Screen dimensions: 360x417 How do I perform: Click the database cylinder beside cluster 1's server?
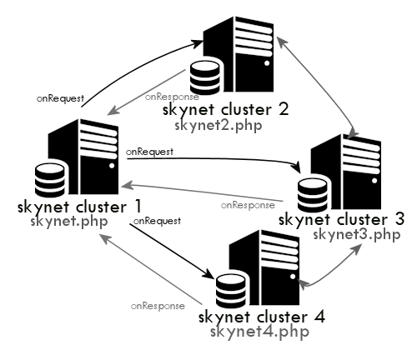click(50, 180)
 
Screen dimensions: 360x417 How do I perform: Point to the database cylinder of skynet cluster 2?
click(205, 78)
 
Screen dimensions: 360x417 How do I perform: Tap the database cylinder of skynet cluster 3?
click(313, 196)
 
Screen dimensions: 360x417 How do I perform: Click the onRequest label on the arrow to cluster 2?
click(60, 98)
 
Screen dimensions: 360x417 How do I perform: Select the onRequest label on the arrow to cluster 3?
click(149, 152)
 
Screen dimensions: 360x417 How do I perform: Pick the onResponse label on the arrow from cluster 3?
click(247, 204)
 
